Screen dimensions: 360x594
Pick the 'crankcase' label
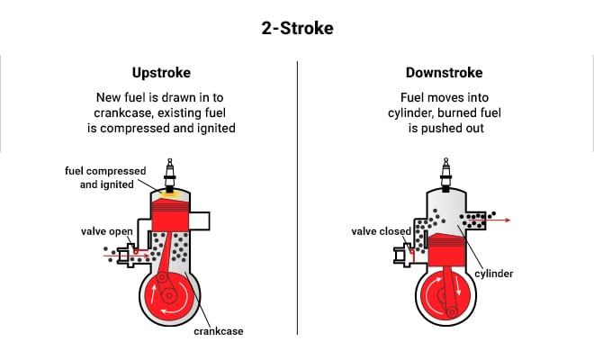[x=219, y=330]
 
